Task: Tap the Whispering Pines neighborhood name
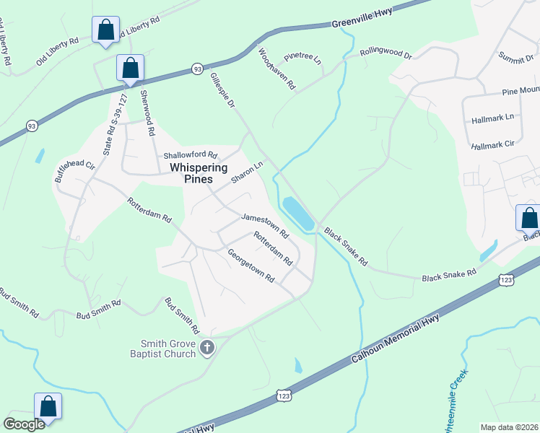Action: [199, 173]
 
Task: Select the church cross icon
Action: [207, 349]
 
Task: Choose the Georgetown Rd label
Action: [252, 266]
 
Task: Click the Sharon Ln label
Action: [246, 172]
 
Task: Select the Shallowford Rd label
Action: [190, 155]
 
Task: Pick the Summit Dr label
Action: [515, 56]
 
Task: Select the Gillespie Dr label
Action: [222, 90]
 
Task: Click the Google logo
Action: [24, 424]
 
